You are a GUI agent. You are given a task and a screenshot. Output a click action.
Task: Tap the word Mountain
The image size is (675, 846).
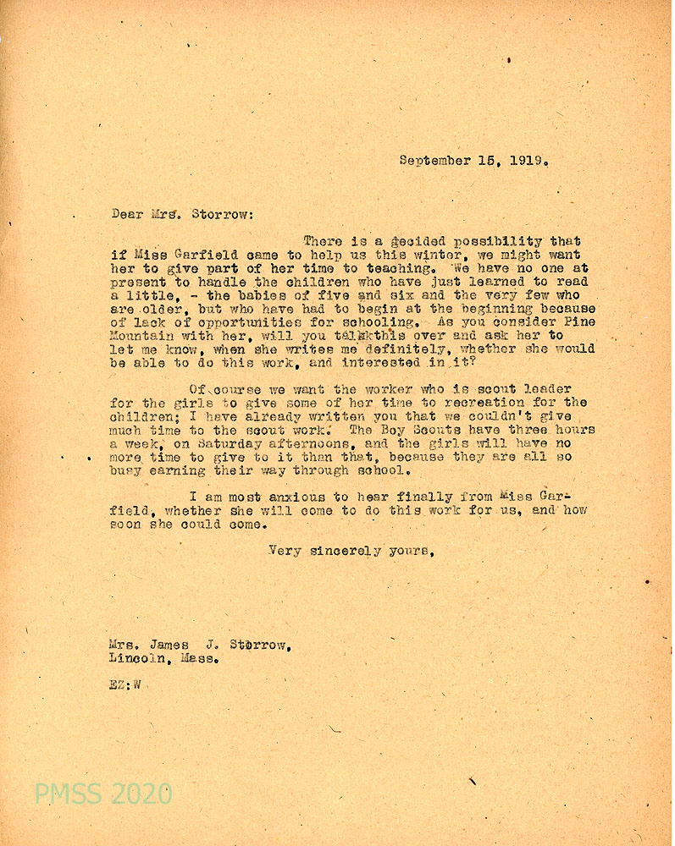coord(141,336)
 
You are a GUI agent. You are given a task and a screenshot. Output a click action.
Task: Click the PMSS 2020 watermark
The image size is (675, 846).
coord(102,794)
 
